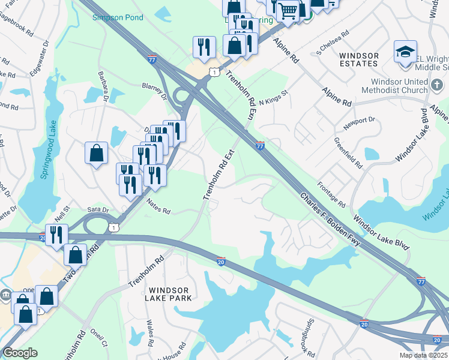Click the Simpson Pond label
(118, 18)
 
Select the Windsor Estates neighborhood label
(359, 60)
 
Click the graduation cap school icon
(406, 52)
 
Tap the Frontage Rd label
(331, 194)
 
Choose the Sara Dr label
(98, 210)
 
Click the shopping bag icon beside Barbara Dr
(96, 154)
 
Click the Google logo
(20, 353)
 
